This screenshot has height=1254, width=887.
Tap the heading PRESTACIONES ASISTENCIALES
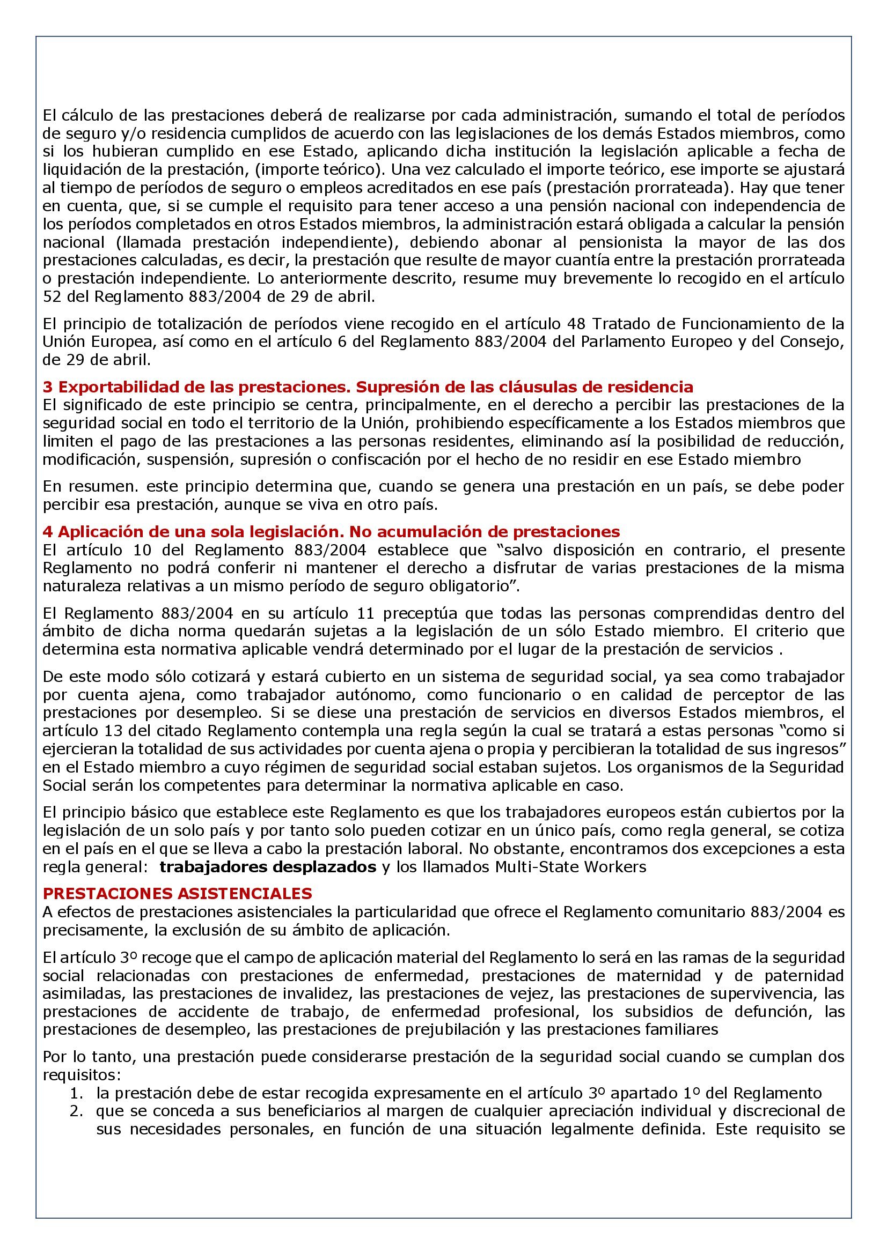177,894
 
